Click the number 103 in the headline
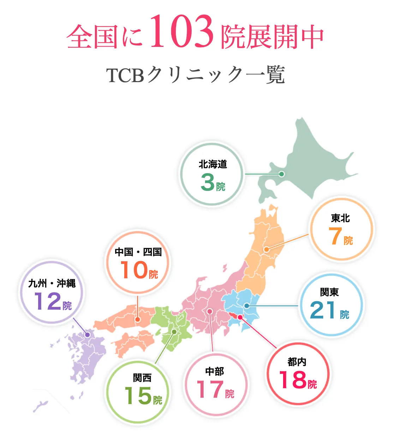(x=182, y=32)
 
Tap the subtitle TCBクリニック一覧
(x=195, y=75)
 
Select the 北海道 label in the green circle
(x=213, y=164)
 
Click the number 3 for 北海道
(x=208, y=182)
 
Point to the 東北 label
(x=341, y=218)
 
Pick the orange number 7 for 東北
(x=335, y=236)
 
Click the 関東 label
(x=330, y=292)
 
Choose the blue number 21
(x=323, y=310)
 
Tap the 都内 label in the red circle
(x=297, y=362)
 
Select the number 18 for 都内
(x=293, y=380)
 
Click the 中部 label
(x=215, y=371)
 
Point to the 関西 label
(x=142, y=378)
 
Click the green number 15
(x=138, y=396)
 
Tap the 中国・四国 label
(x=138, y=252)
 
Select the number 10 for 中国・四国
(x=134, y=270)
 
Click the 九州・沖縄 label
(x=52, y=283)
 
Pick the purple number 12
(x=48, y=302)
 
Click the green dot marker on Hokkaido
(x=281, y=174)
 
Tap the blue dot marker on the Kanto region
(x=247, y=306)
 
